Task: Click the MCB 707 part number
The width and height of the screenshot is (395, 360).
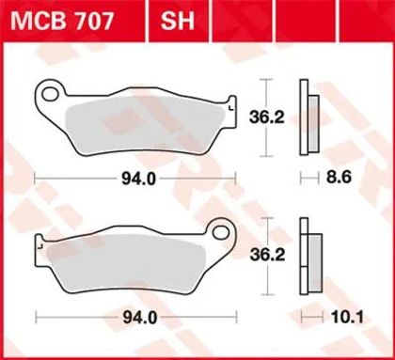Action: (61, 22)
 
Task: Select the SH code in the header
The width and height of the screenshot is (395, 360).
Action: (178, 21)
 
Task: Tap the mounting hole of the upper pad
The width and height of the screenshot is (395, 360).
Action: (51, 94)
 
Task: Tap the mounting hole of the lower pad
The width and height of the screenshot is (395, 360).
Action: (221, 233)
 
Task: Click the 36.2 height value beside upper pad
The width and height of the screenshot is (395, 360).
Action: (266, 117)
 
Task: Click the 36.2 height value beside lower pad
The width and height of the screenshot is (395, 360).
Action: (267, 255)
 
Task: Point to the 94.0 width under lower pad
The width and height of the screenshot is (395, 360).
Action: (139, 318)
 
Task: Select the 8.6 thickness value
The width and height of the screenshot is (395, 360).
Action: (339, 178)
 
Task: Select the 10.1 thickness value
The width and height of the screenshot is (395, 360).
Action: (348, 318)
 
